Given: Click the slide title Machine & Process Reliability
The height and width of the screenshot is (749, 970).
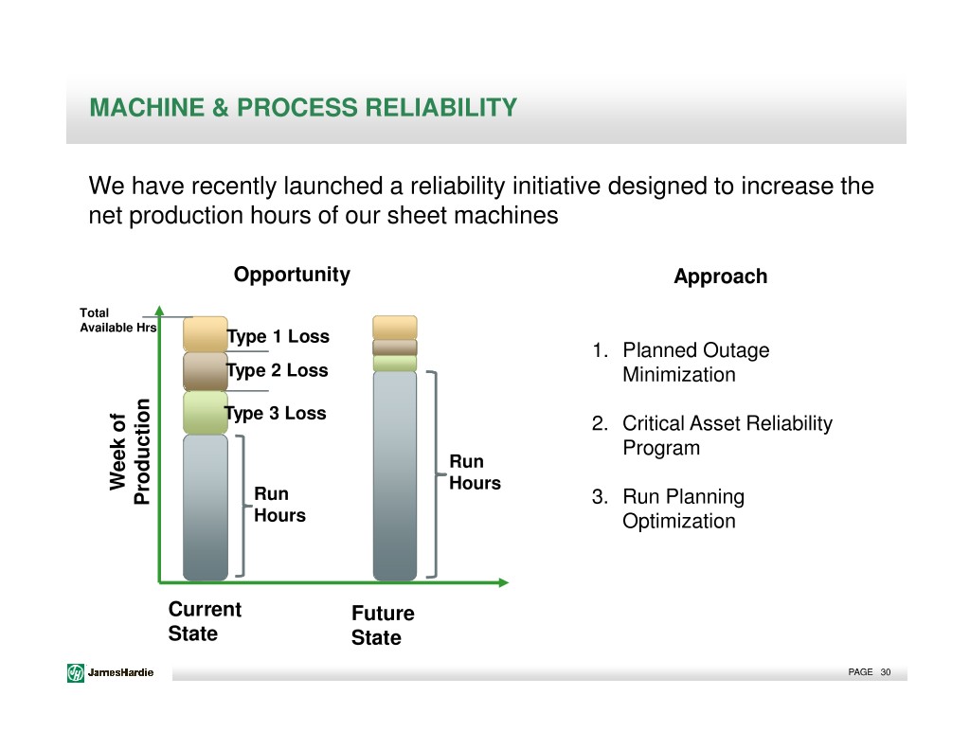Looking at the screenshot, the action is click(x=303, y=108).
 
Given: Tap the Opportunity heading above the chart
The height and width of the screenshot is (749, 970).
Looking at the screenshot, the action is click(x=292, y=275).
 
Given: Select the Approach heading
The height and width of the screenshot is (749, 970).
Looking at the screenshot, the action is click(x=721, y=276).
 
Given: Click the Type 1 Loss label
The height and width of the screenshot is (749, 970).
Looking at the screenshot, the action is click(x=278, y=336).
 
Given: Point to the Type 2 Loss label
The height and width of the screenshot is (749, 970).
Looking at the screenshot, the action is click(x=278, y=370).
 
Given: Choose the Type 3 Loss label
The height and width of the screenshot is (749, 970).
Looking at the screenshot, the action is click(x=276, y=413).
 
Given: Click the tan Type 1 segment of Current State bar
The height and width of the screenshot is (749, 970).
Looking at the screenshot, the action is click(x=206, y=334).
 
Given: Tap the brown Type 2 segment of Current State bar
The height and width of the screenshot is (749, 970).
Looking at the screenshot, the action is click(x=206, y=372).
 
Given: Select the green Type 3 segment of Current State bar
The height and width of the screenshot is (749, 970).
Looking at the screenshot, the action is click(x=206, y=413).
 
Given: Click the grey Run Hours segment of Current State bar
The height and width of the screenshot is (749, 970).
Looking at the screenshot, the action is click(x=206, y=508).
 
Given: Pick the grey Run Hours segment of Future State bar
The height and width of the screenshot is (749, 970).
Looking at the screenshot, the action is click(x=395, y=476).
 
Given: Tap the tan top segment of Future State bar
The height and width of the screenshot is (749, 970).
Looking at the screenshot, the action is click(x=395, y=328).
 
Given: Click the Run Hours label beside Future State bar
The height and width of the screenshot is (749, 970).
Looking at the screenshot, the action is click(x=476, y=472).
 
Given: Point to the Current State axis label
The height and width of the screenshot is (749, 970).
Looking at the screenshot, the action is click(x=205, y=621).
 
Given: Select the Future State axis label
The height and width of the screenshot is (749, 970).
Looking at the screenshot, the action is click(x=383, y=625).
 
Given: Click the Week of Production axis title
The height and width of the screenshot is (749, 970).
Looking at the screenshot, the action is click(x=130, y=452).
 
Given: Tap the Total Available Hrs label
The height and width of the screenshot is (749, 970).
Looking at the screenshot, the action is click(x=118, y=320).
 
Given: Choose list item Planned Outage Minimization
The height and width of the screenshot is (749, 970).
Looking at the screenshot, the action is click(x=696, y=363).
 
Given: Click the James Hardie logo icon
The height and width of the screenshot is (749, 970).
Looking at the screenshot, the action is click(x=76, y=672).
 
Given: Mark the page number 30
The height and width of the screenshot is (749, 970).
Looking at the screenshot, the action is click(x=886, y=672).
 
